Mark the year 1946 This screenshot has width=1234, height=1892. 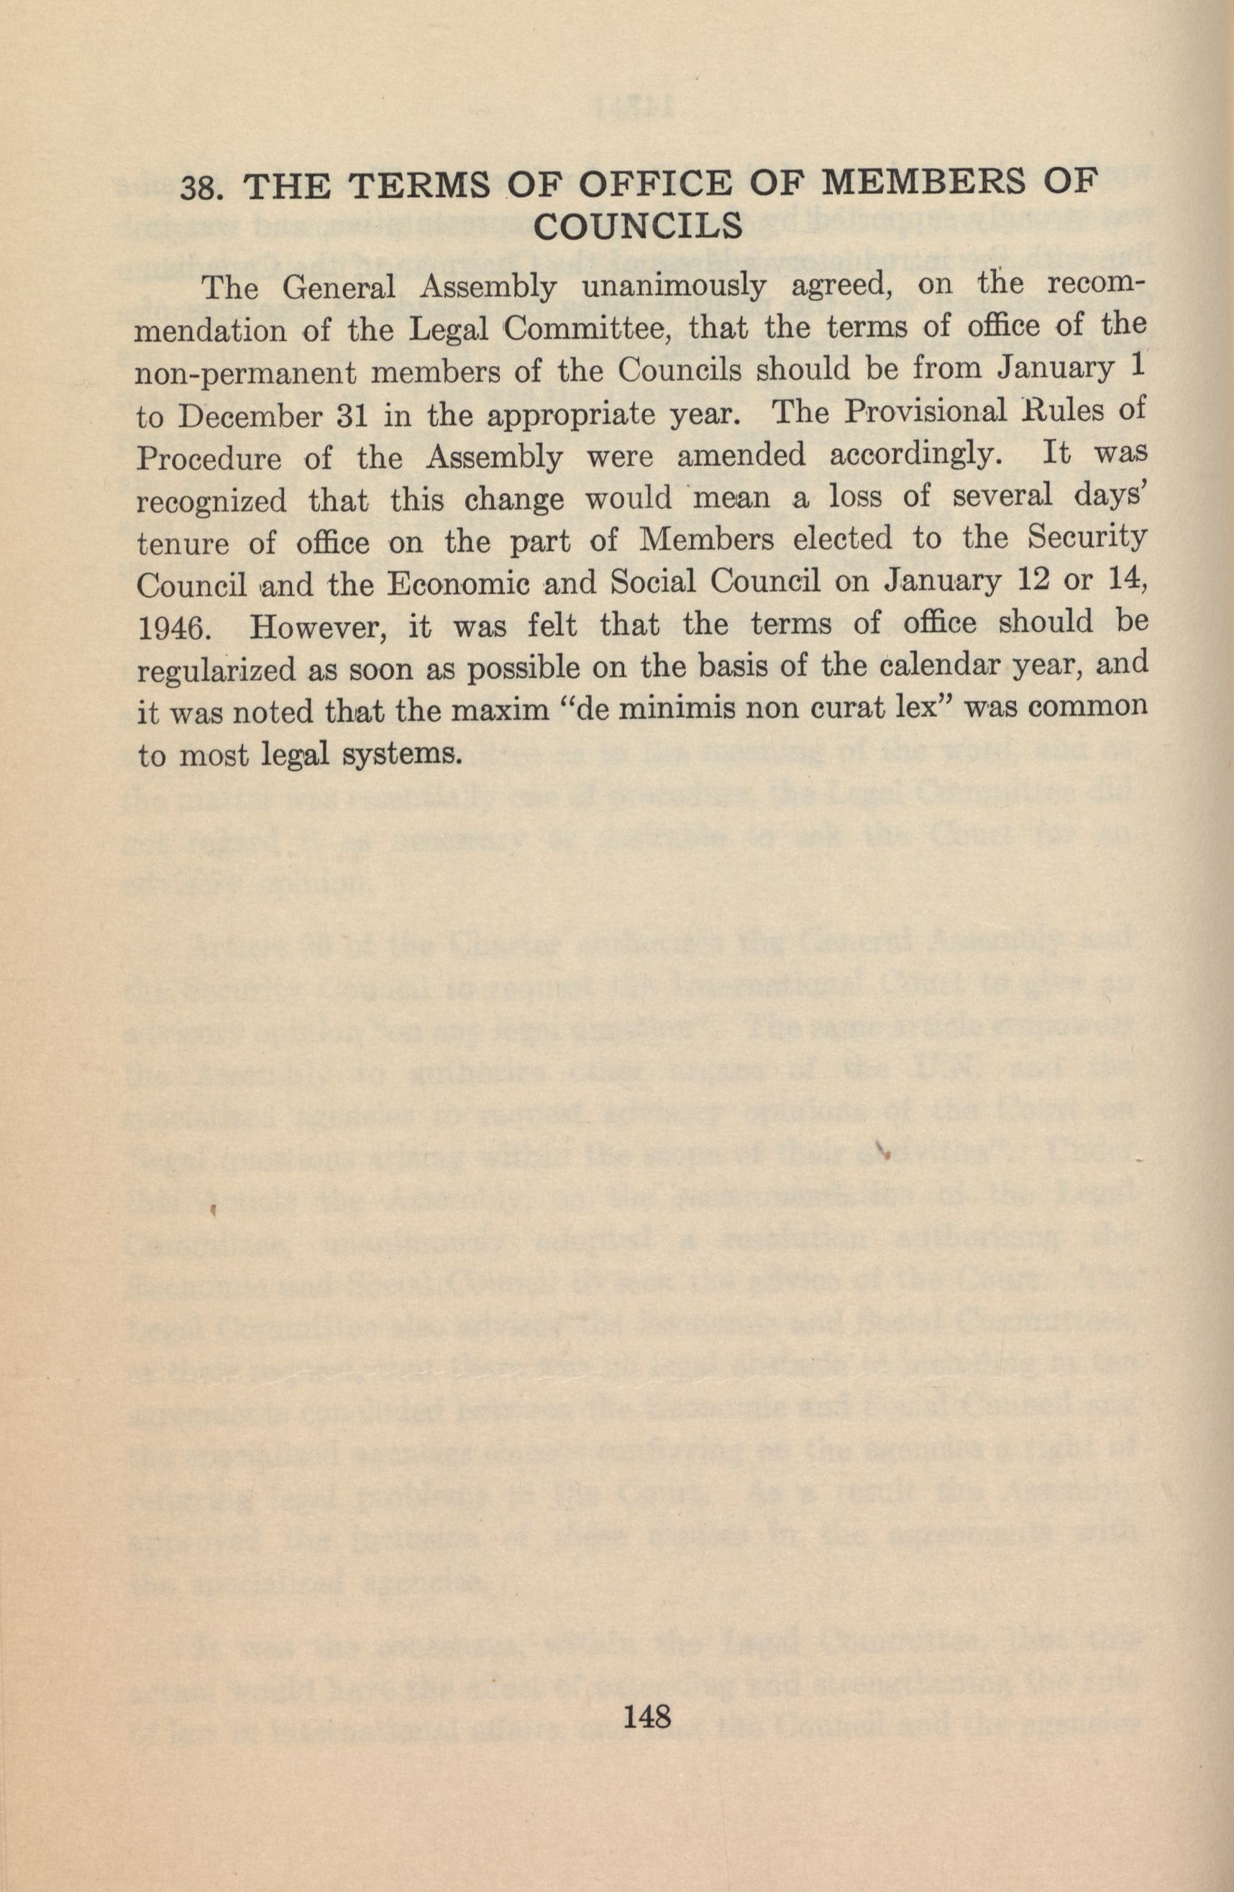click(x=174, y=627)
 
